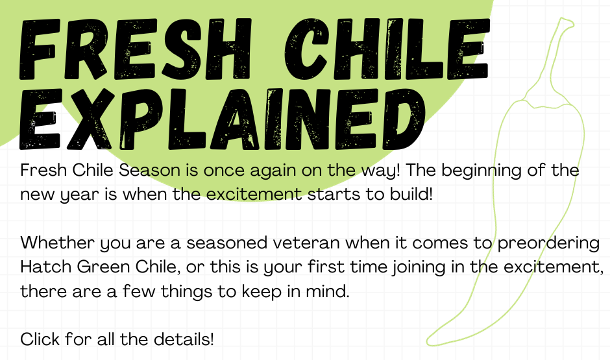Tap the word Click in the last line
(38, 339)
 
